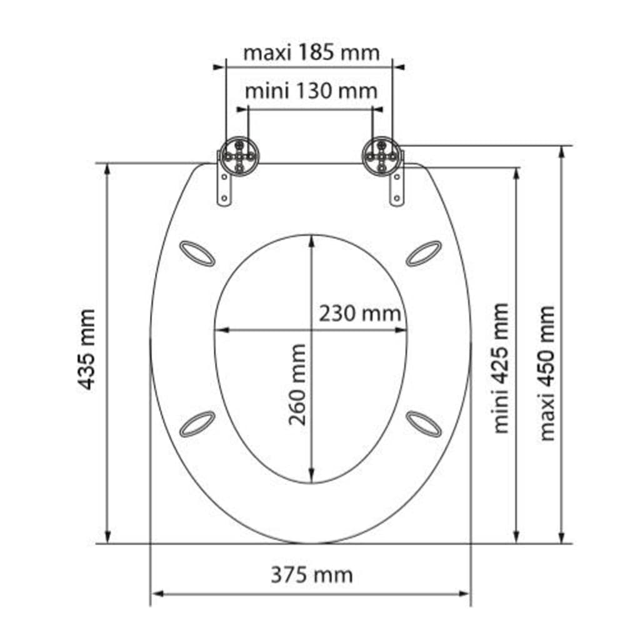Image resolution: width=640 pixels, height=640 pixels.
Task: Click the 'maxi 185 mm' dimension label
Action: click(x=311, y=52)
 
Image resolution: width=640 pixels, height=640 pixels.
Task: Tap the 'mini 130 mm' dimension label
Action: click(x=311, y=91)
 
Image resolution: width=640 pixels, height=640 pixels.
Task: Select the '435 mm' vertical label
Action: click(x=87, y=349)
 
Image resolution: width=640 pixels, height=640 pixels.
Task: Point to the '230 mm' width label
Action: click(x=360, y=312)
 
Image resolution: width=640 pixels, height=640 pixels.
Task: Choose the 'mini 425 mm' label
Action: click(x=501, y=368)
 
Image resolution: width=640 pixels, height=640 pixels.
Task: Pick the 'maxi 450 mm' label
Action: click(x=547, y=372)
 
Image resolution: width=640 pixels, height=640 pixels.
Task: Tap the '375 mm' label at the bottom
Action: click(x=311, y=574)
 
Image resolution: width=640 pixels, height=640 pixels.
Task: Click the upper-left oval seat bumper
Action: click(x=197, y=253)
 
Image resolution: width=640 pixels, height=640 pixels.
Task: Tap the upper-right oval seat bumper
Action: click(x=424, y=253)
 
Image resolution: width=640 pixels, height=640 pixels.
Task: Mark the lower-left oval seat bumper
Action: click(x=197, y=423)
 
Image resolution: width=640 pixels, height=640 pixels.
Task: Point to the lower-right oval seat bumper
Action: click(x=424, y=423)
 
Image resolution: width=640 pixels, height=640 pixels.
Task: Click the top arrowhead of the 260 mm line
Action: click(x=311, y=241)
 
